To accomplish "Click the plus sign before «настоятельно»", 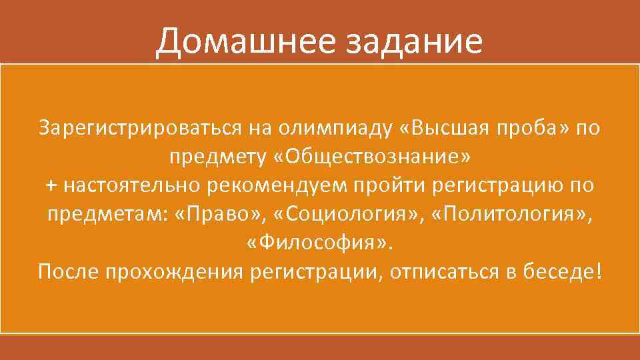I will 51,185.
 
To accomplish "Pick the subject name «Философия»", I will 319,243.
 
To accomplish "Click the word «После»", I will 67,273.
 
